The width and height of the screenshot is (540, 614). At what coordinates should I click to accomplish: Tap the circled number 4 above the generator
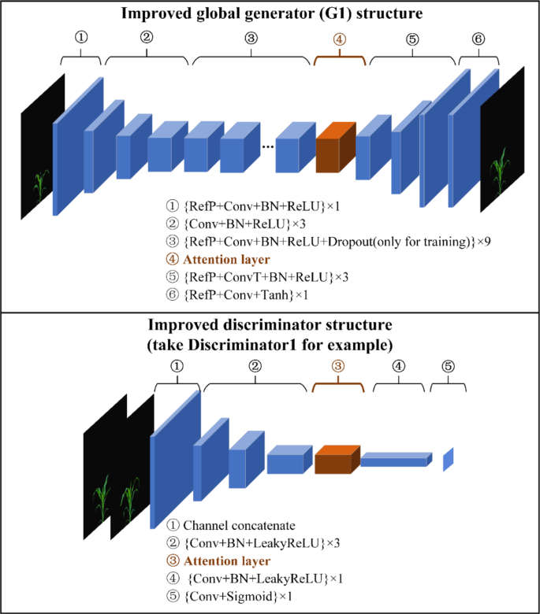point(339,39)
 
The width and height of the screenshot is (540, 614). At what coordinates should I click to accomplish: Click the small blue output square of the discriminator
point(449,459)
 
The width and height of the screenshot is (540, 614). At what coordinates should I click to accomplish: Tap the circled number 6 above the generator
point(479,39)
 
